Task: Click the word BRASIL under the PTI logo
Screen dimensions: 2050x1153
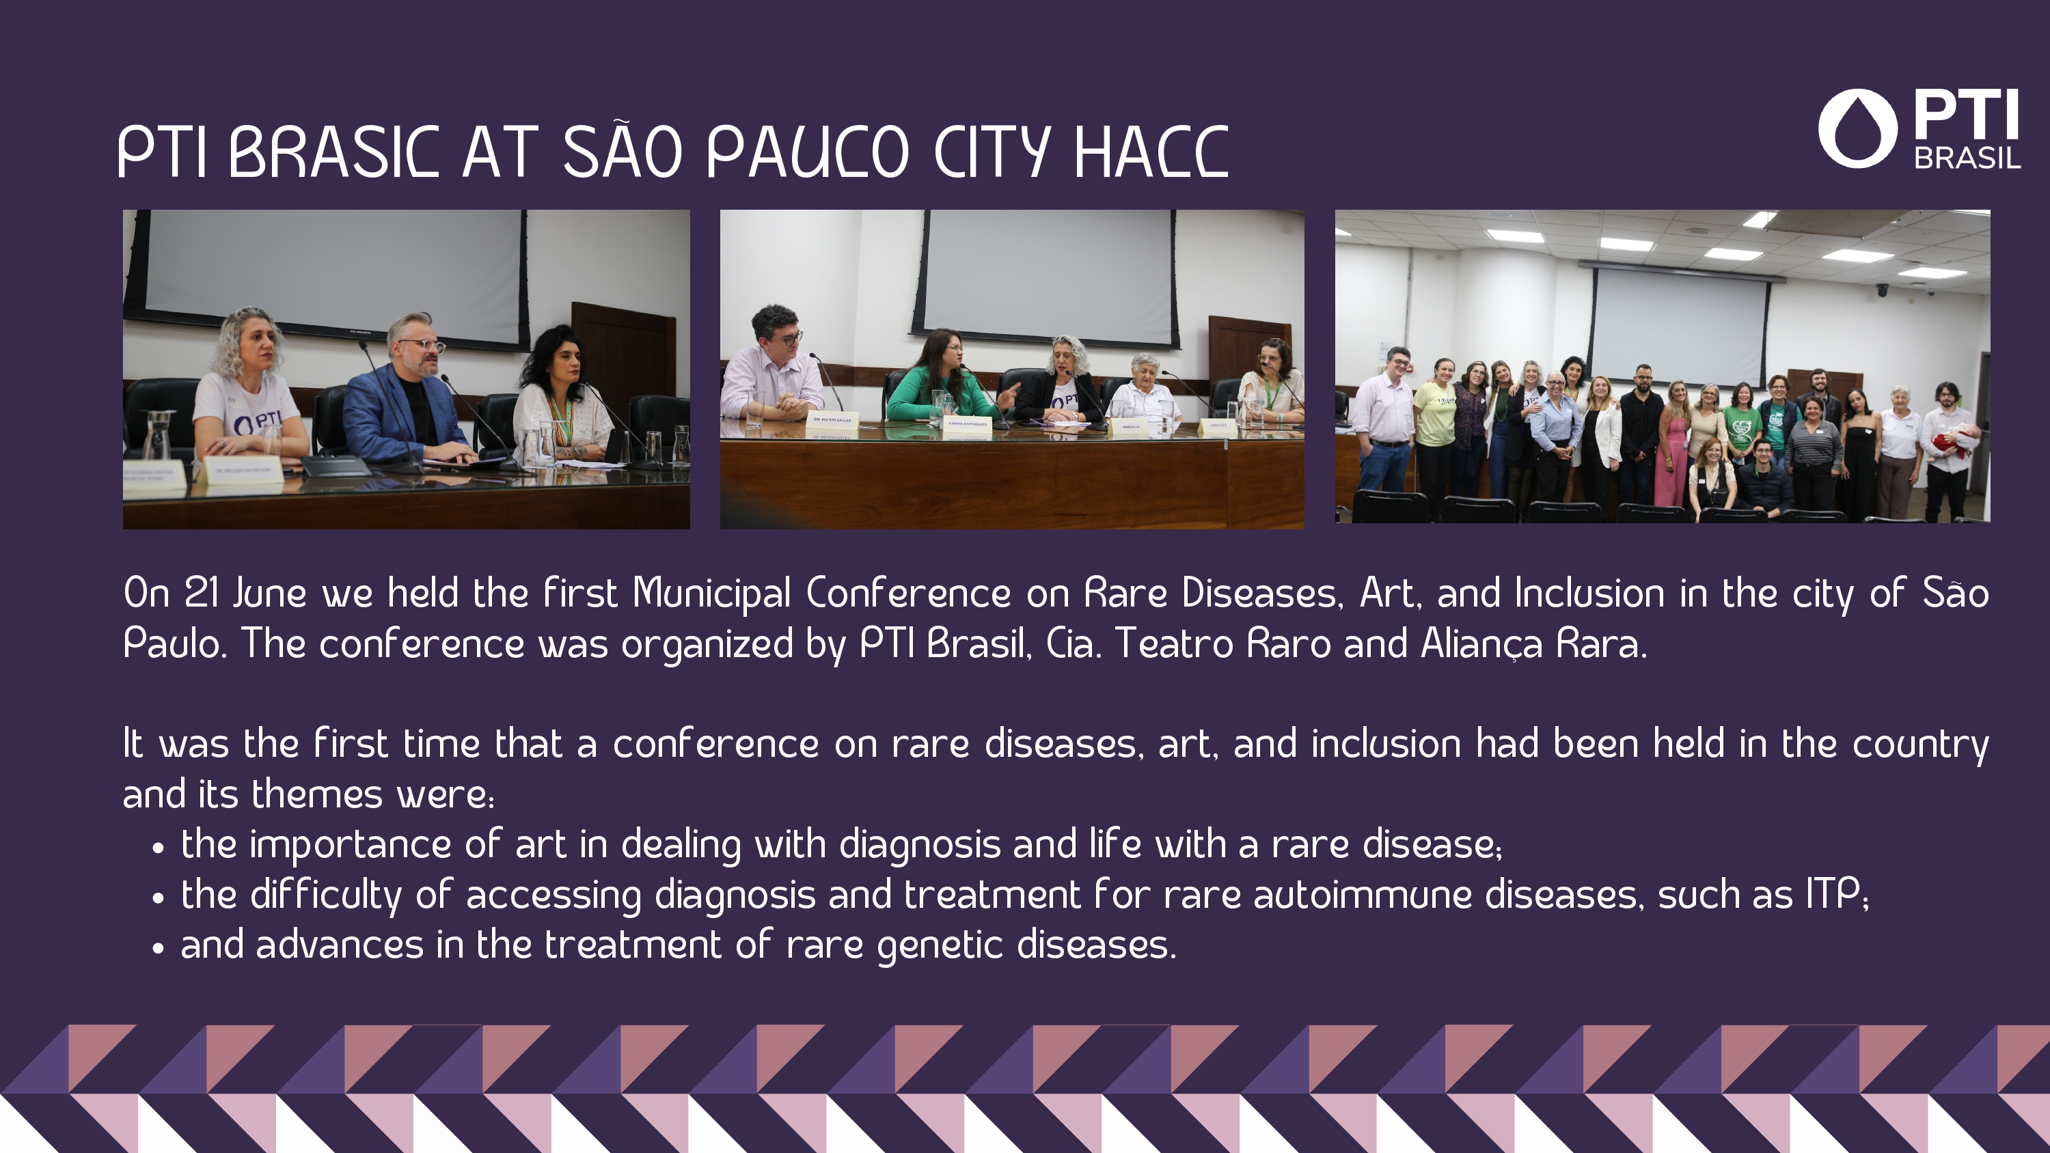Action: pos(1967,158)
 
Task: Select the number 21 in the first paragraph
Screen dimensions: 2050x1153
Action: pos(202,594)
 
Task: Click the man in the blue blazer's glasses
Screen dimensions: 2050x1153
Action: pos(422,346)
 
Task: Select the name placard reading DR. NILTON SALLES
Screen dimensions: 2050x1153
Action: pos(832,419)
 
